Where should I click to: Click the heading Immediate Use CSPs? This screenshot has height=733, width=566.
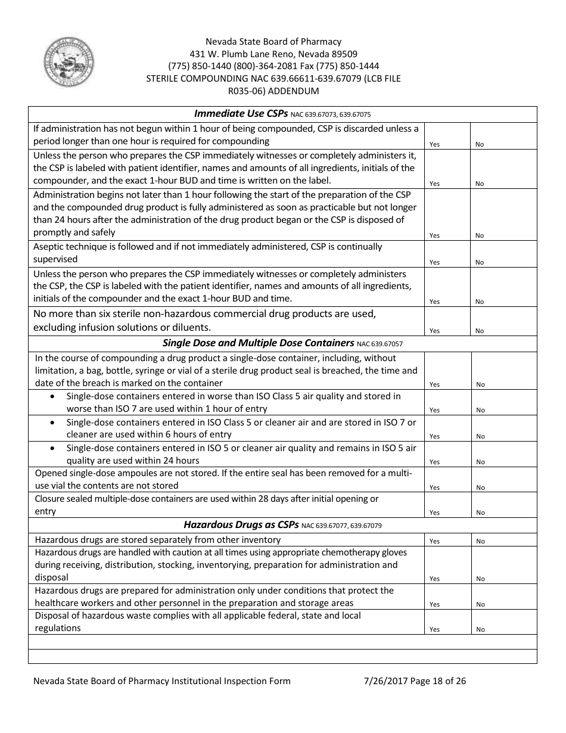241,114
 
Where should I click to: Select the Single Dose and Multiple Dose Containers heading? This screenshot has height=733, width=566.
258,343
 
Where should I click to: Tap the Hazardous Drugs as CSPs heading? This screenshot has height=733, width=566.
241,525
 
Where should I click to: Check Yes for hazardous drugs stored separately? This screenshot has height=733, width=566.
434,541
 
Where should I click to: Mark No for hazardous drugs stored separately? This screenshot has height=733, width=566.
480,541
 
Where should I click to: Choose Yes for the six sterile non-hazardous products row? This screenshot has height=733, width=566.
434,331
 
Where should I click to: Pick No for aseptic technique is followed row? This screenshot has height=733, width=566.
480,262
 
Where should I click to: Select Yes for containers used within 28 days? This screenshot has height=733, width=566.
434,513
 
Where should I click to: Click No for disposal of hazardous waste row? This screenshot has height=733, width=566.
480,629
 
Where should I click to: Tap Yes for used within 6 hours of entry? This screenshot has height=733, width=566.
434,436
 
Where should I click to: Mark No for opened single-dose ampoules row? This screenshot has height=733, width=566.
480,487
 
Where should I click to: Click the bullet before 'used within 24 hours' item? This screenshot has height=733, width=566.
55,448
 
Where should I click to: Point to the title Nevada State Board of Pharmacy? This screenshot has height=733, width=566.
273,42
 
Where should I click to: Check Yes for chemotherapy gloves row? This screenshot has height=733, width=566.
434,579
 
